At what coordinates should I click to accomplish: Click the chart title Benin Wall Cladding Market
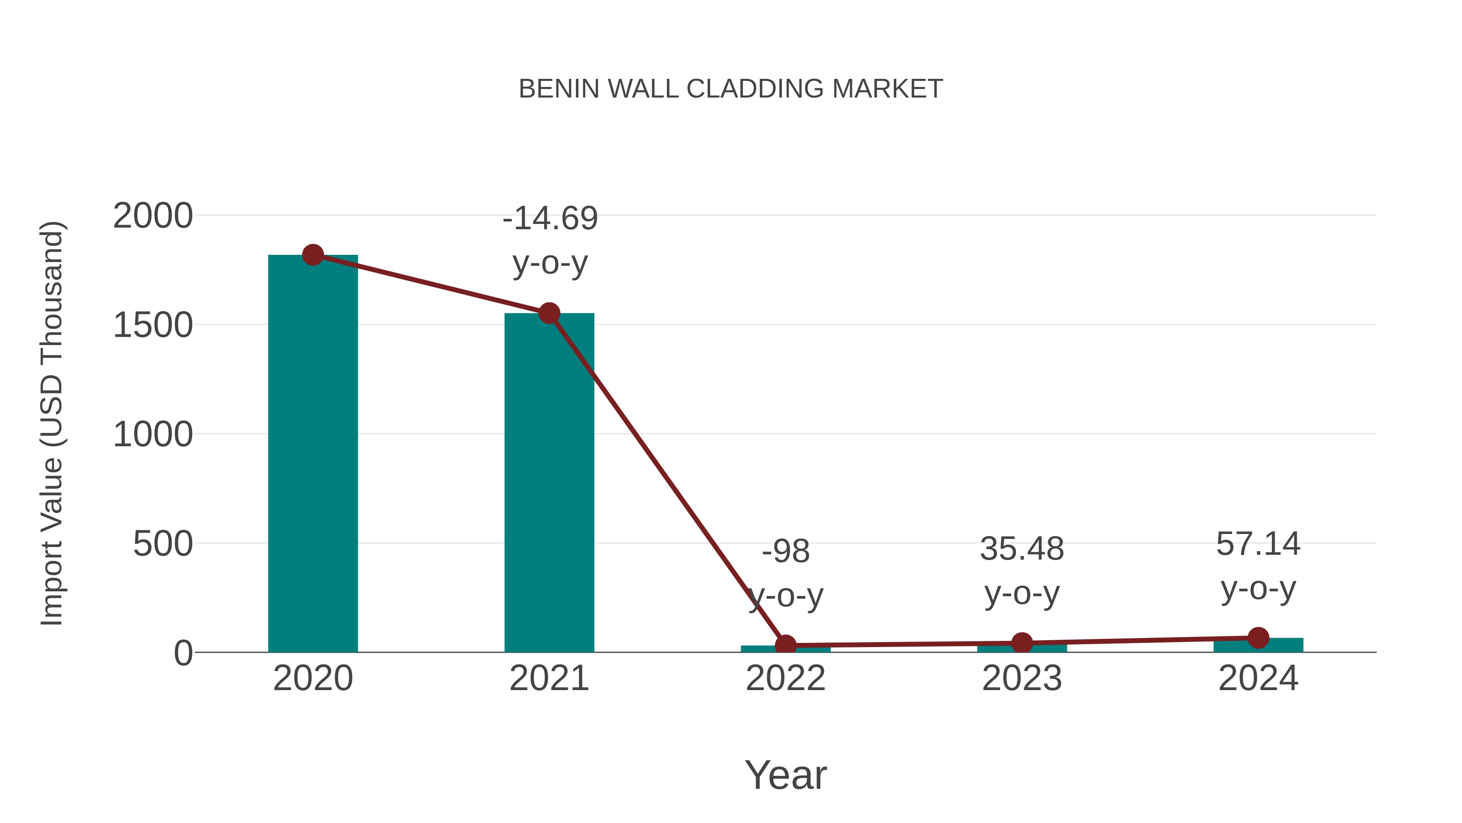pyautogui.click(x=731, y=89)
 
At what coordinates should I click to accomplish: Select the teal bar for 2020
pyautogui.click(x=313, y=454)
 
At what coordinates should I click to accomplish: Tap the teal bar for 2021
pyautogui.click(x=549, y=483)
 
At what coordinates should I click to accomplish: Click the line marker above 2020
pyautogui.click(x=313, y=254)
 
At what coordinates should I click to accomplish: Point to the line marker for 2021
pyautogui.click(x=549, y=313)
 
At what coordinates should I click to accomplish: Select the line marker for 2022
pyautogui.click(x=785, y=645)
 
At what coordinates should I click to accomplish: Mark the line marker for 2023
pyautogui.click(x=1022, y=643)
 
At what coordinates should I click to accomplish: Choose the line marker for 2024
pyautogui.click(x=1258, y=638)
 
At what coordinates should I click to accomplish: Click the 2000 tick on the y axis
pyautogui.click(x=153, y=216)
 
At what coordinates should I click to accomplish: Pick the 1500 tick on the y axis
pyautogui.click(x=153, y=326)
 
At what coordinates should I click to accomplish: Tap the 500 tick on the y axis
pyautogui.click(x=163, y=544)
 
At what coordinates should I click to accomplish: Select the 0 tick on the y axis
pyautogui.click(x=183, y=653)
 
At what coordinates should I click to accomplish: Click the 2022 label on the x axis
pyautogui.click(x=785, y=678)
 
